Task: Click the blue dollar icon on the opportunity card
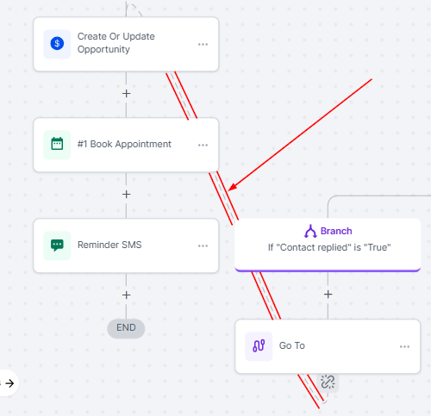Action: [57, 44]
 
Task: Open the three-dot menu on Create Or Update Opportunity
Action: [203, 44]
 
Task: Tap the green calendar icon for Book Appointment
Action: [57, 144]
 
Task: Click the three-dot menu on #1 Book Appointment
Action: [203, 145]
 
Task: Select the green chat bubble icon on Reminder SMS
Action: [57, 245]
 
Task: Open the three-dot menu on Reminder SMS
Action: [203, 245]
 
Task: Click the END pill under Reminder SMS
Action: [126, 328]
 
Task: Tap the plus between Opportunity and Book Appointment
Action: [126, 94]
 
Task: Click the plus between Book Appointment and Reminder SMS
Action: [126, 195]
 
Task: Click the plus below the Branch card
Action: [328, 295]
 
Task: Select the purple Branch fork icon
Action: [310, 231]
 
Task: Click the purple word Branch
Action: [336, 231]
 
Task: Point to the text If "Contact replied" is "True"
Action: [329, 247]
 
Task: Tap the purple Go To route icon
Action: [259, 345]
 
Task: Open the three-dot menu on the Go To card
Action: [404, 346]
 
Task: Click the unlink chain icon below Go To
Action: [328, 382]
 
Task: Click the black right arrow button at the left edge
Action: [9, 383]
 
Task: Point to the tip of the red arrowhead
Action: [228, 190]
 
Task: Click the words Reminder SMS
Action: [109, 245]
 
